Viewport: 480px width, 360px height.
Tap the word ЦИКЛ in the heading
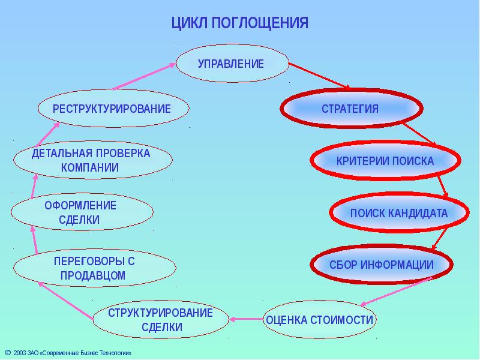(x=188, y=23)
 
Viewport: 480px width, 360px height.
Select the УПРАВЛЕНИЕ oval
(x=231, y=64)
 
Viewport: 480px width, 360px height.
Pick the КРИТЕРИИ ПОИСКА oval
(x=385, y=161)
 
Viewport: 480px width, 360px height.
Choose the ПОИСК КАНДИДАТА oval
(x=399, y=213)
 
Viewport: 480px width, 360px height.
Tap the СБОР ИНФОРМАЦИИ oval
(x=381, y=265)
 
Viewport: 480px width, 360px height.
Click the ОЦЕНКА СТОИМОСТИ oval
(x=320, y=319)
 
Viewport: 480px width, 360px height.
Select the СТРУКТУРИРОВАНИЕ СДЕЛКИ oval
(x=161, y=320)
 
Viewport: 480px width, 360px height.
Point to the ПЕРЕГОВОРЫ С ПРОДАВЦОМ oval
(x=94, y=268)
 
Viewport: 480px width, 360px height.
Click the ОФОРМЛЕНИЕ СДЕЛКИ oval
(x=81, y=213)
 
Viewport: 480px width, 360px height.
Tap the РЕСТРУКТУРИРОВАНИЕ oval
(x=112, y=109)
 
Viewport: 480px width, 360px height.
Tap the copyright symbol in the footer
(x=7, y=353)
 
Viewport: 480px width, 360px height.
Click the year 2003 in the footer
(x=19, y=353)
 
